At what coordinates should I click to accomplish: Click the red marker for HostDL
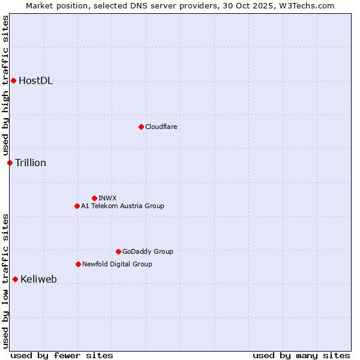coord(13,80)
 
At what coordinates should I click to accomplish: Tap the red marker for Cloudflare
coord(141,127)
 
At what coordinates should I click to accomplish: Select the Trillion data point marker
coord(10,163)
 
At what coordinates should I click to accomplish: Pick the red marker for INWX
coord(94,198)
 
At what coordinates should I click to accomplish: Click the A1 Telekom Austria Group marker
coord(77,206)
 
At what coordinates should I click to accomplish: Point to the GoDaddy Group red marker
coord(118,251)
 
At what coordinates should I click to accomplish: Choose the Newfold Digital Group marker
coord(78,264)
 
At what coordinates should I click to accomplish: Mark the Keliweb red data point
coord(15,279)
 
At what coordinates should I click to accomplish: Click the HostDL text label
coord(36,81)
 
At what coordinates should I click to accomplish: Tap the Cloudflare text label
coord(161,127)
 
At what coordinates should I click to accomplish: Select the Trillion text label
coord(31,163)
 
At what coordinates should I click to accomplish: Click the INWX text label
coord(108,198)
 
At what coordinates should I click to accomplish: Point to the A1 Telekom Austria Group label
coord(122,206)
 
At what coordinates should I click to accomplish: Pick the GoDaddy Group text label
coord(148,251)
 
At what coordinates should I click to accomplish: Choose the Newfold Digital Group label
coord(117,264)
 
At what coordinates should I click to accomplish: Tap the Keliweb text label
coord(38,279)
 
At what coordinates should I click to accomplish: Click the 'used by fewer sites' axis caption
coord(62,355)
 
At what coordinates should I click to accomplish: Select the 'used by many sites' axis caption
coord(301,355)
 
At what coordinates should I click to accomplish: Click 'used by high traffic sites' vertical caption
coord(5,86)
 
